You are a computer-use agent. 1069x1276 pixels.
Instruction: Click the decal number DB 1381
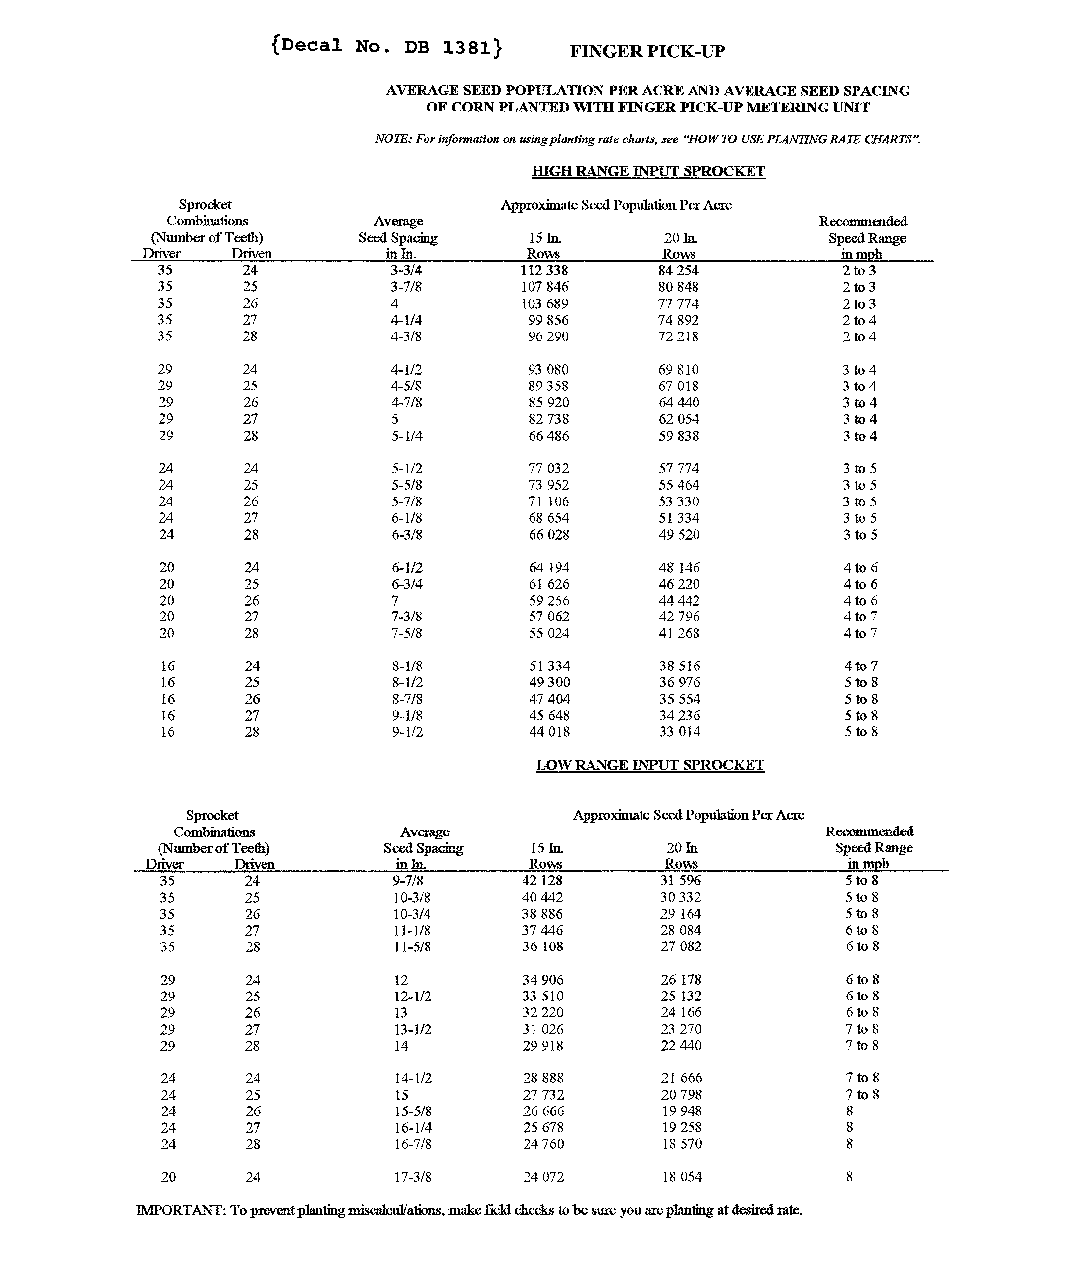point(387,47)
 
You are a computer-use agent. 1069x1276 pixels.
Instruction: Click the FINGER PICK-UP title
point(647,52)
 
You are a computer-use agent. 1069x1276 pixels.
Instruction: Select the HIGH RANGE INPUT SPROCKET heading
point(648,172)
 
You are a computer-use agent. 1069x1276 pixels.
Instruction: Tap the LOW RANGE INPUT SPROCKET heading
point(650,765)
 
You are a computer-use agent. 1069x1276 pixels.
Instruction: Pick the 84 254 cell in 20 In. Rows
point(679,271)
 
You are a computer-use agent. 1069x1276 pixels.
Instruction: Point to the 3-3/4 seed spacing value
point(406,271)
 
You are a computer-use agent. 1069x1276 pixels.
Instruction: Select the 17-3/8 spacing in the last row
point(413,1177)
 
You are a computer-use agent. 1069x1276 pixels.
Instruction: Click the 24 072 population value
point(543,1177)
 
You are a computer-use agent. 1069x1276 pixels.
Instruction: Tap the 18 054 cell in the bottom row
point(682,1177)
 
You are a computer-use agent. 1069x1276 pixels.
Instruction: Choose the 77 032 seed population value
point(548,468)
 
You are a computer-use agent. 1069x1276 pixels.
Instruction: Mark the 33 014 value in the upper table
point(680,732)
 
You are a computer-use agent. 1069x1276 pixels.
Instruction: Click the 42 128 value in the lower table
point(542,881)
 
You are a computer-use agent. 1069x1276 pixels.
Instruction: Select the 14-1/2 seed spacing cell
point(413,1078)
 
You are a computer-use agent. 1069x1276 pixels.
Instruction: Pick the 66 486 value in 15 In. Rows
point(548,436)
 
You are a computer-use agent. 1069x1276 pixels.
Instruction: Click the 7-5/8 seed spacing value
point(406,633)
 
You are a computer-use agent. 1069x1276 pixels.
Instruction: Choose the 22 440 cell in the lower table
point(681,1046)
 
